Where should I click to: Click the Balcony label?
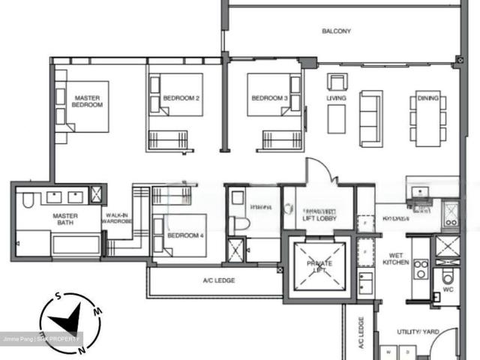coord(336,31)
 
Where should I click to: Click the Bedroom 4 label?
coord(182,235)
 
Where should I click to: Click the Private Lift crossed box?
coord(314,265)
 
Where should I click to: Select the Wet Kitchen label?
coord(395,258)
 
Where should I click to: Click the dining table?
coord(427,118)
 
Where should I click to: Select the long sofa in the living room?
coord(371,118)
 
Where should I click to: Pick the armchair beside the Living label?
coord(336,82)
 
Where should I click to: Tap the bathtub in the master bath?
coord(75,245)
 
